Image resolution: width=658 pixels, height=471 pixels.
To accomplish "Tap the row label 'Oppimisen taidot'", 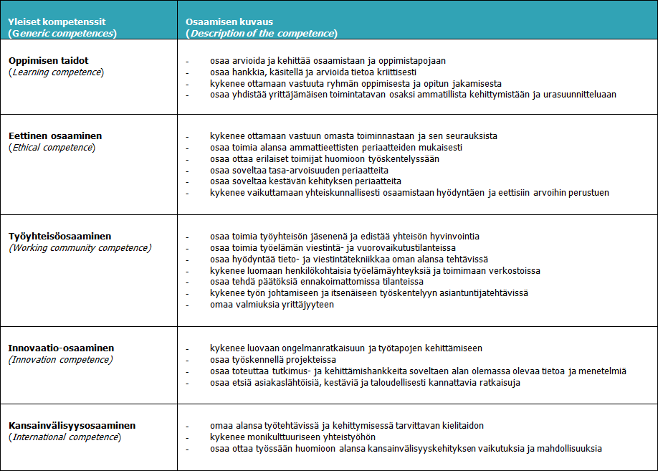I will click(49, 60).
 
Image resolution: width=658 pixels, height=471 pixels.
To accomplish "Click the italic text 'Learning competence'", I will click(57, 72).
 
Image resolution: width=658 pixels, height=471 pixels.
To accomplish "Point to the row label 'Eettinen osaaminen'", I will click(55, 135).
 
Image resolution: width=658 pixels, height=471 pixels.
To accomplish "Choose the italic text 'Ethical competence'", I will click(52, 147).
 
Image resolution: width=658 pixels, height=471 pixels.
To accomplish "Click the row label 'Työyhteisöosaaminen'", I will click(60, 236).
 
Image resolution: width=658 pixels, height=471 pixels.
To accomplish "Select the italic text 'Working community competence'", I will click(80, 247).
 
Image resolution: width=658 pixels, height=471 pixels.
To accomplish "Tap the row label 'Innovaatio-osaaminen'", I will click(61, 348).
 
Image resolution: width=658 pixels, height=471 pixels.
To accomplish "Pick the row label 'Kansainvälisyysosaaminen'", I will click(72, 425).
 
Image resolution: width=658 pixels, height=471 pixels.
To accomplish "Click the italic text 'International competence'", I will click(65, 437).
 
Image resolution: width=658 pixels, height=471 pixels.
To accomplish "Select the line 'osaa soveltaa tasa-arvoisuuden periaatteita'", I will click(299, 170).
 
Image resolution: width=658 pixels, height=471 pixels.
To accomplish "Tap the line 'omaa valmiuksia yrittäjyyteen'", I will click(272, 305).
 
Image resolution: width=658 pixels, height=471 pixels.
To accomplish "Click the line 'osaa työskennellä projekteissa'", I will click(273, 359).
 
